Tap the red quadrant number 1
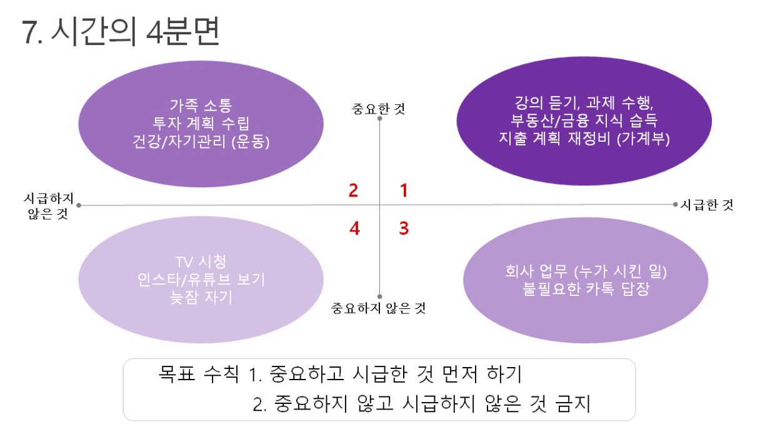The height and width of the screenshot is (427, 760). pyautogui.click(x=404, y=190)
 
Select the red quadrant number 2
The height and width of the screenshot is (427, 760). pyautogui.click(x=353, y=190)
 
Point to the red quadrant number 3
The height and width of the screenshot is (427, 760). pyautogui.click(x=404, y=228)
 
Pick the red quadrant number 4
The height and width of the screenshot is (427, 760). pyautogui.click(x=354, y=228)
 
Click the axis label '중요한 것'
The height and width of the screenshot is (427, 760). pyautogui.click(x=378, y=109)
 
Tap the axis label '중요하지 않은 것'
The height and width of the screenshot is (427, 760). pyautogui.click(x=378, y=308)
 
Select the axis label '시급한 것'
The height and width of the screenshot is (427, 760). pyautogui.click(x=707, y=205)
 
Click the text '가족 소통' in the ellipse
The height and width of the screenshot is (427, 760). pyautogui.click(x=201, y=106)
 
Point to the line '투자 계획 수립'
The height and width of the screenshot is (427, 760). pyautogui.click(x=201, y=124)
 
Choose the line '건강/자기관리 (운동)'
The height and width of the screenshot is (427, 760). pyautogui.click(x=201, y=141)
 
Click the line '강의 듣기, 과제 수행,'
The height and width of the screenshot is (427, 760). pyautogui.click(x=584, y=102)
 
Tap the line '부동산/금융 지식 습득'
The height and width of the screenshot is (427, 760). pyautogui.click(x=584, y=120)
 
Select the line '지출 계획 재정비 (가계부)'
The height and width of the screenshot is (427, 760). pyautogui.click(x=584, y=139)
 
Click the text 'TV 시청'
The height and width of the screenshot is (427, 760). pyautogui.click(x=201, y=262)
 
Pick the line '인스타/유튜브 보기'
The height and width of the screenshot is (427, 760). pyautogui.click(x=201, y=280)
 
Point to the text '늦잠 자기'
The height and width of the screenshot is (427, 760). pyautogui.click(x=201, y=298)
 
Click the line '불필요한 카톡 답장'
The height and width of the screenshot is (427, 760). pyautogui.click(x=586, y=289)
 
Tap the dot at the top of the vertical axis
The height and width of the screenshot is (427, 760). pyautogui.click(x=379, y=118)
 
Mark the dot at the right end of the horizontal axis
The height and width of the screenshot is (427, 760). pyautogui.click(x=675, y=204)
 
